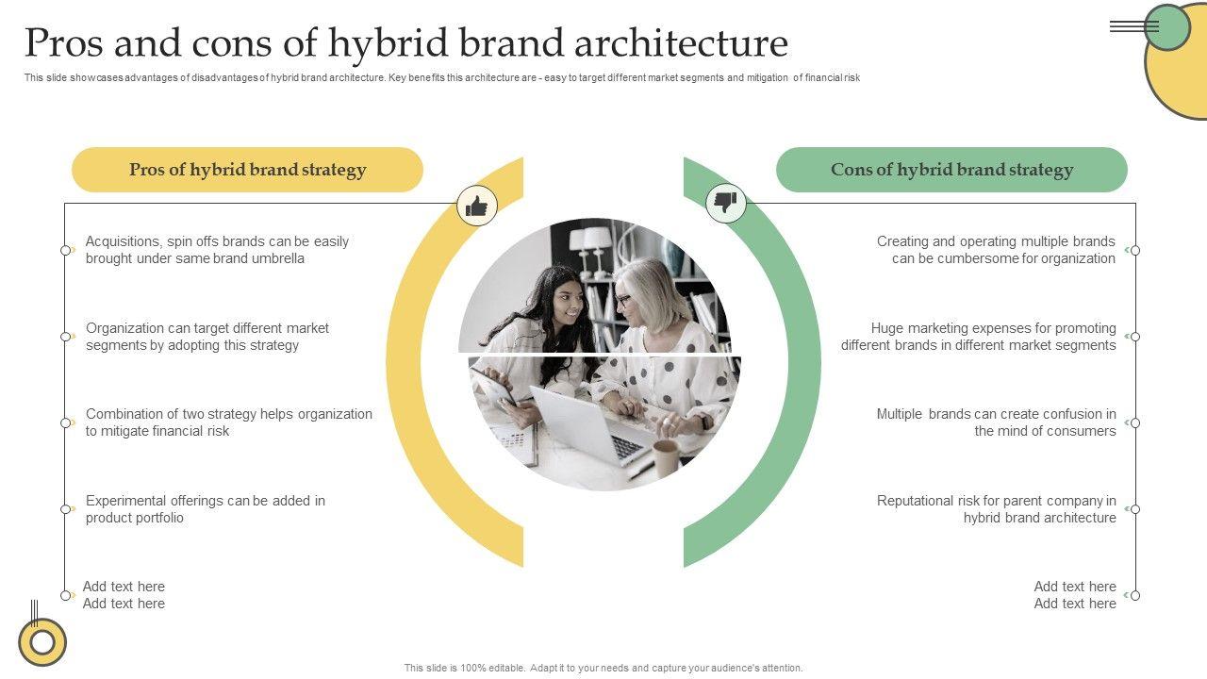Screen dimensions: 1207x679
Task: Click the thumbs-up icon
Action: coord(477,205)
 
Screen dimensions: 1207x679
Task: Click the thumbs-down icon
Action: coord(725,203)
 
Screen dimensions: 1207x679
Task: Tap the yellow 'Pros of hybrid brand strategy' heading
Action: coord(247,170)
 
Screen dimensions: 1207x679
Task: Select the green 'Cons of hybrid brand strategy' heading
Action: coord(951,170)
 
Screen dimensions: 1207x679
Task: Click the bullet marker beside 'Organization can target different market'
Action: coord(66,337)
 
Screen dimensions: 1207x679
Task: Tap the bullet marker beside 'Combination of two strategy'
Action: coord(66,422)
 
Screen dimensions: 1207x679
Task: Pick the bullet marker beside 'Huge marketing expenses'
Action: coord(1135,337)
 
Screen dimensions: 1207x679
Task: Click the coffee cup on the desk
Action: coord(666,457)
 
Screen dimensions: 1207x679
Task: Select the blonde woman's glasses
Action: coord(622,300)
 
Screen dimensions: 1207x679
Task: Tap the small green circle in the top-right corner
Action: coord(1167,27)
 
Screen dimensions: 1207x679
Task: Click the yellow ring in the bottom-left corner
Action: coord(42,642)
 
